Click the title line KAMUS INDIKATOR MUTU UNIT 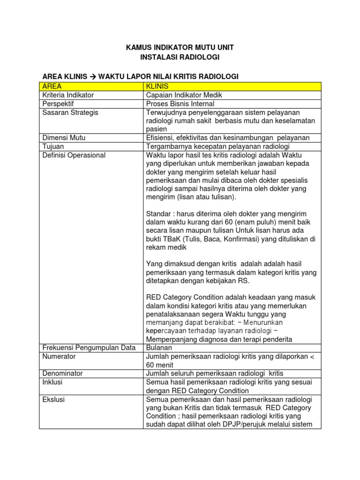pos(180,48)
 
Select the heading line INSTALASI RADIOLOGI pos(180,57)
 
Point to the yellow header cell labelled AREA pos(52,86)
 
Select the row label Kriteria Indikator pos(68,95)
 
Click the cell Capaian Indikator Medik pos(184,95)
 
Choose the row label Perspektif pos(58,104)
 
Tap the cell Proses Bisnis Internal pos(180,104)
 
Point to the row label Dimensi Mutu pos(64,138)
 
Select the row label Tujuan pos(52,146)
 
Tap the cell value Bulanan pos(159,347)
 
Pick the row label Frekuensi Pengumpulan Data pos(89,347)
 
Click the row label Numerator pos(59,356)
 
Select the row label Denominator pos(62,373)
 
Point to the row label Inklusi pos(52,382)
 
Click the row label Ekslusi pos(53,399)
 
